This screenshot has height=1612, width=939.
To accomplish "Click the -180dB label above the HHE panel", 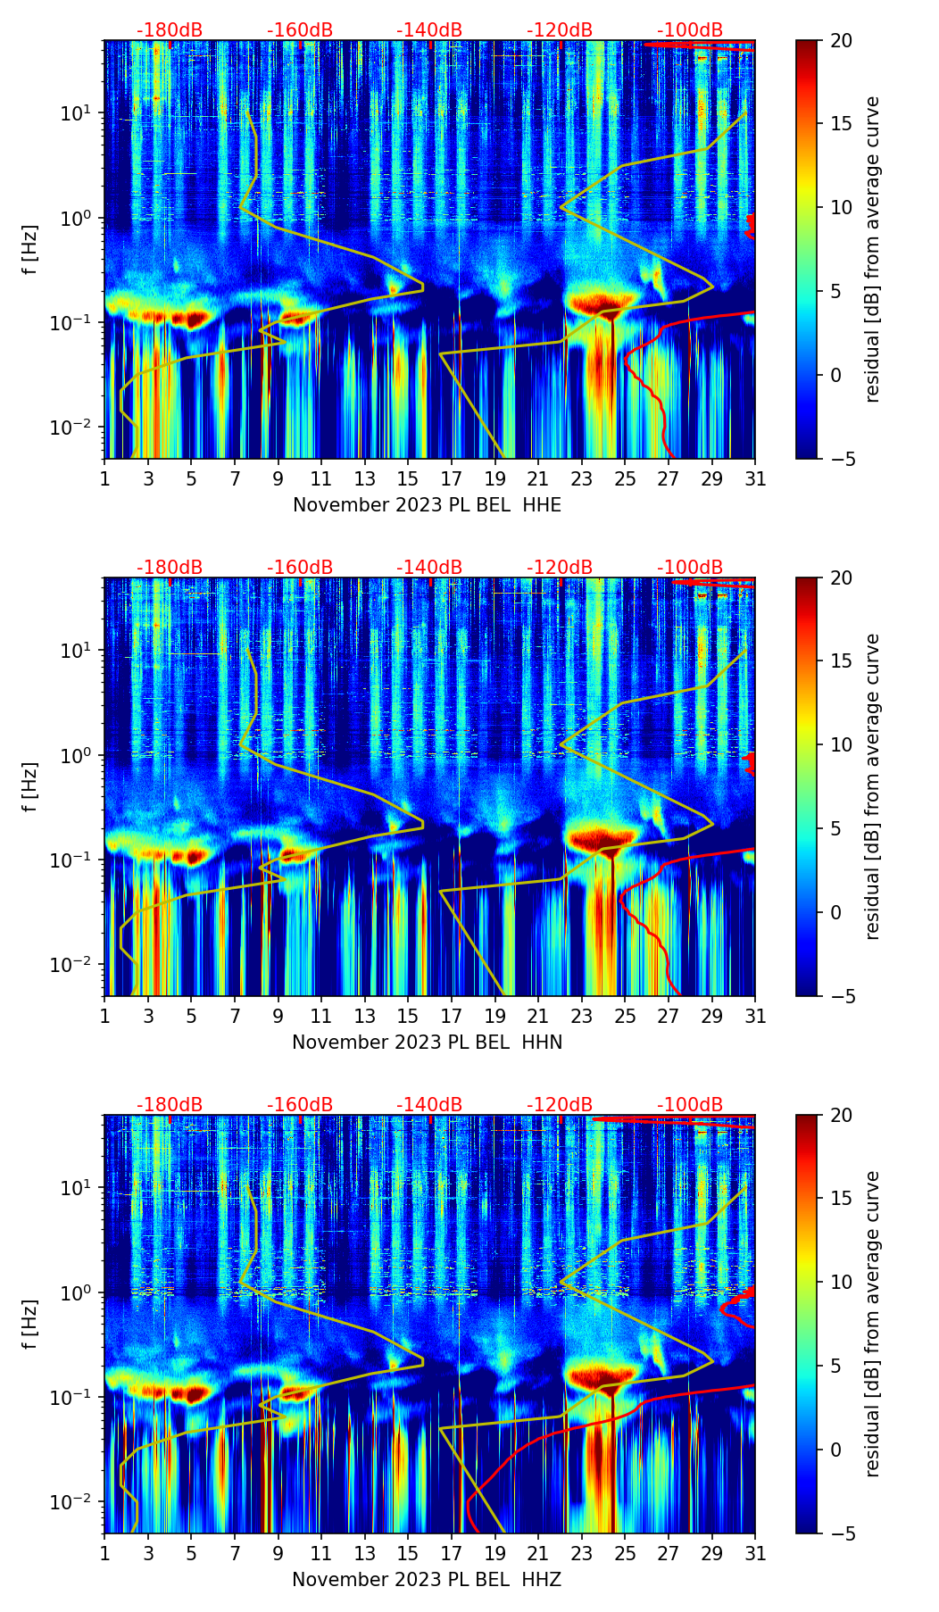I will (x=170, y=30).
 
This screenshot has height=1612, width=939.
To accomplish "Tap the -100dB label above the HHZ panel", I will (x=690, y=1105).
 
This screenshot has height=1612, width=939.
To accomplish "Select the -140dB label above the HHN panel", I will (x=429, y=568).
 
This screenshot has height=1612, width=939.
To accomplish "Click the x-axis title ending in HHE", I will (x=427, y=505).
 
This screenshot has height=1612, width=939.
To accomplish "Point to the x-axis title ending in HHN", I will (x=427, y=1043).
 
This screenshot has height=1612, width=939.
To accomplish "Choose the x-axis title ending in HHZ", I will (x=427, y=1580).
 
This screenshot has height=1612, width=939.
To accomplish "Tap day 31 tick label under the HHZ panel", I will (x=755, y=1554).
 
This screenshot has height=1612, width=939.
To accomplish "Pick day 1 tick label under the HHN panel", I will (x=105, y=1017).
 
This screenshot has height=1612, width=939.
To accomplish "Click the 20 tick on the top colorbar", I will (x=840, y=40).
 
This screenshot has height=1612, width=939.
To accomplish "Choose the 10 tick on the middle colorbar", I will (x=840, y=744).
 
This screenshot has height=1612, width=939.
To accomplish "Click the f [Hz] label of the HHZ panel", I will (x=31, y=1325).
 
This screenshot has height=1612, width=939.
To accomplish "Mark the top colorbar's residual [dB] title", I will (x=872, y=249).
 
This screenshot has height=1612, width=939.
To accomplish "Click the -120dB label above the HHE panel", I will (x=560, y=30).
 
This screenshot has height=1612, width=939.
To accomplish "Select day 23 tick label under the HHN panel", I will (x=582, y=1017).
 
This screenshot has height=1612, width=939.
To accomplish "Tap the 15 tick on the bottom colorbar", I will (x=840, y=1198).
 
